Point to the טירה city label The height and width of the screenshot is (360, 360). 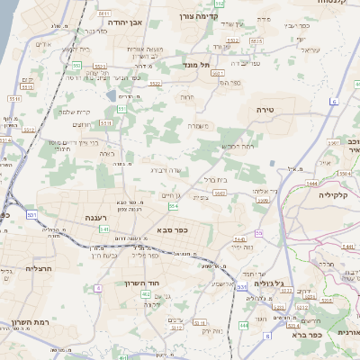(x=271, y=109)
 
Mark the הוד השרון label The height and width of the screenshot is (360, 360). (x=142, y=283)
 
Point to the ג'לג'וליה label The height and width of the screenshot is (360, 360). (x=270, y=284)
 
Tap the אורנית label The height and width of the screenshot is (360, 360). (x=347, y=333)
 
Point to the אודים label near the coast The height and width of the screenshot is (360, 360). (x=42, y=44)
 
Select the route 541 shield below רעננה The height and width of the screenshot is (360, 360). (x=103, y=230)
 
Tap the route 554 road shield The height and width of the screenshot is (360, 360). (x=173, y=207)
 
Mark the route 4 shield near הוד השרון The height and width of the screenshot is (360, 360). (x=97, y=288)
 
